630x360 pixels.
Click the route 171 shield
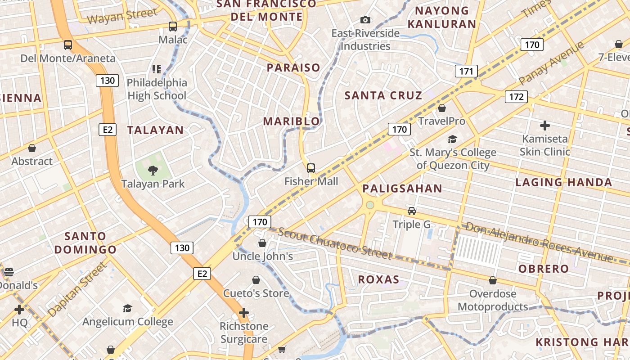pyautogui.click(x=466, y=71)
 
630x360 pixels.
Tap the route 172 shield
pyautogui.click(x=516, y=96)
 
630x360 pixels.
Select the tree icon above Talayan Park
pyautogui.click(x=153, y=170)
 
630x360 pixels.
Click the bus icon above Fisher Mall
pyautogui.click(x=311, y=168)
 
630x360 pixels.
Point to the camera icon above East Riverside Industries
pyautogui.click(x=365, y=20)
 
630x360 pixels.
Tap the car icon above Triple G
pyautogui.click(x=411, y=211)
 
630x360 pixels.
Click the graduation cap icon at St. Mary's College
pyautogui.click(x=452, y=139)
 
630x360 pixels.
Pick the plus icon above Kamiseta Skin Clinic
pyautogui.click(x=545, y=125)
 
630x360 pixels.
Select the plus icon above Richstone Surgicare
pyautogui.click(x=243, y=312)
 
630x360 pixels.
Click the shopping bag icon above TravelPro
pyautogui.click(x=442, y=108)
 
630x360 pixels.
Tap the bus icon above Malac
pyautogui.click(x=173, y=26)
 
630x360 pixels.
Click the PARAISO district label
pyautogui.click(x=293, y=68)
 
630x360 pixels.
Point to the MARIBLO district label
pyautogui.click(x=291, y=121)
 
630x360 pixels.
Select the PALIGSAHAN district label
pyautogui.click(x=402, y=189)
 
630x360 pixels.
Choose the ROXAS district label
pyautogui.click(x=378, y=279)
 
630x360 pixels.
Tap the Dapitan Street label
pyautogui.click(x=77, y=289)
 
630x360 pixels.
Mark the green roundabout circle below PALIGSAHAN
pyautogui.click(x=370, y=205)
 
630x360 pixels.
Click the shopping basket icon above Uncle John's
pyautogui.click(x=262, y=243)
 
